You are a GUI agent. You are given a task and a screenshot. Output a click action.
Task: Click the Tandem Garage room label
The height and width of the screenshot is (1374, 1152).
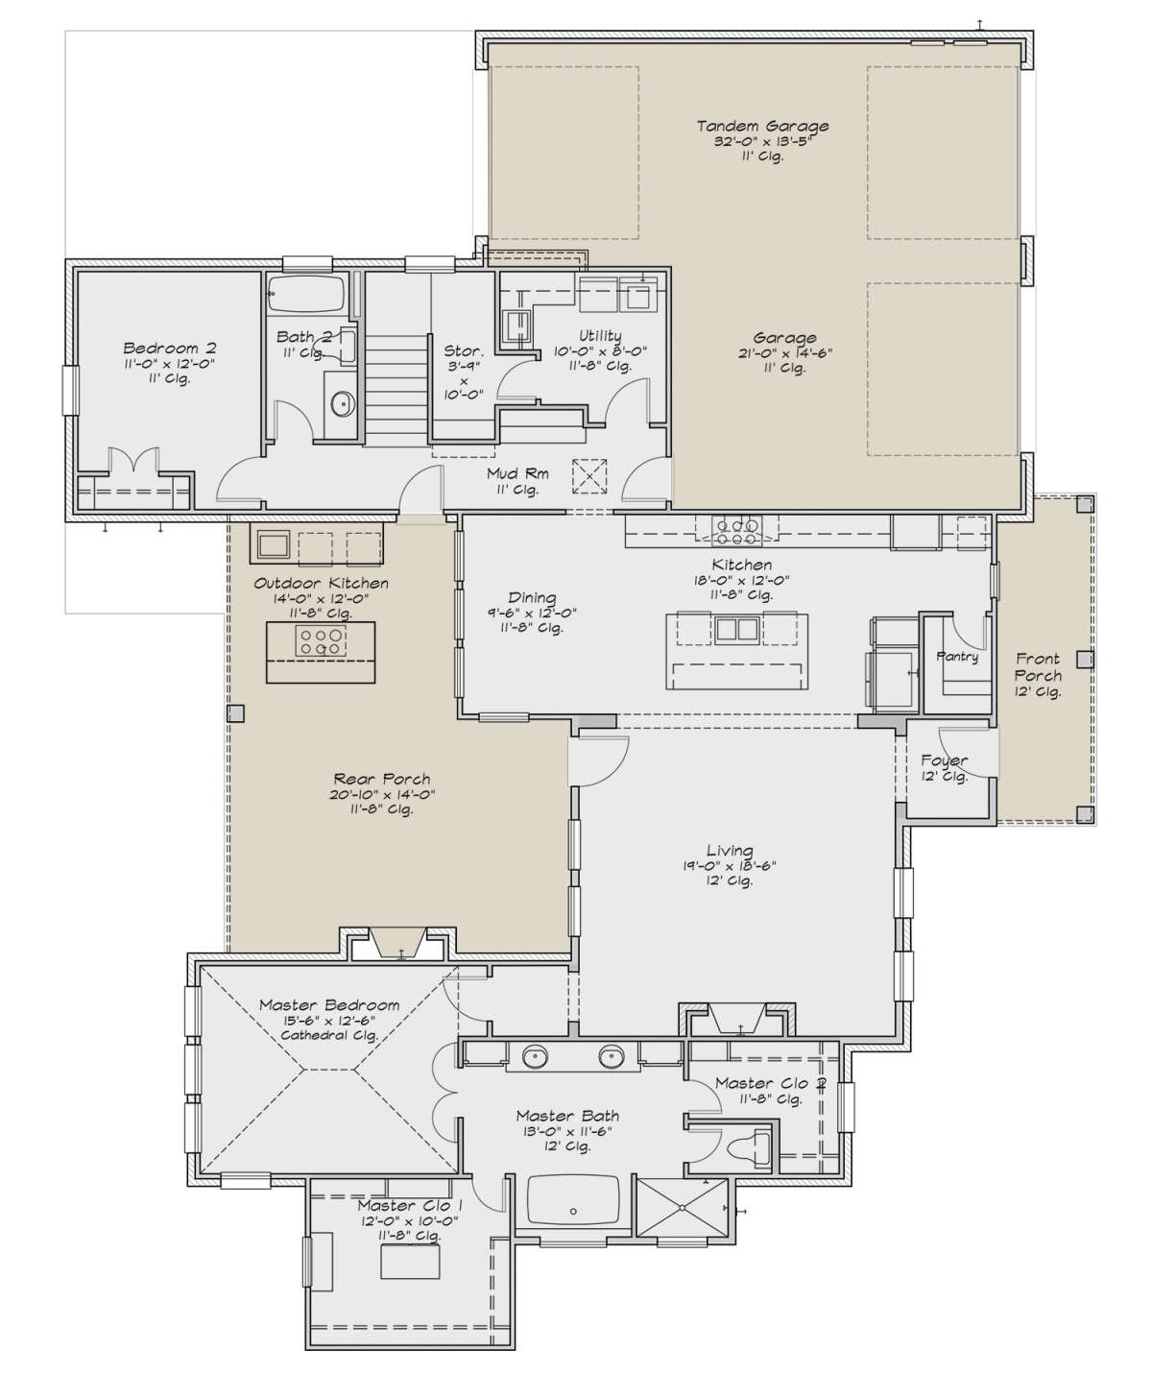click(x=762, y=126)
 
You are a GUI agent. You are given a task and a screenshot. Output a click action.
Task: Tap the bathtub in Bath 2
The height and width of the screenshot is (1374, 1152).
click(x=306, y=294)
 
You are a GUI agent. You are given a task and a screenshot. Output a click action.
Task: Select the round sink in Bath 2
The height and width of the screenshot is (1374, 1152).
click(x=342, y=403)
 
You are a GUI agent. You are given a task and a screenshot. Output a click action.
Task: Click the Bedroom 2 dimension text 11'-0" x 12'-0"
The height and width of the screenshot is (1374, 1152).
click(x=169, y=364)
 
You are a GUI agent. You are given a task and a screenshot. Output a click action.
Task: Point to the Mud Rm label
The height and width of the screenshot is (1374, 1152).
click(x=517, y=473)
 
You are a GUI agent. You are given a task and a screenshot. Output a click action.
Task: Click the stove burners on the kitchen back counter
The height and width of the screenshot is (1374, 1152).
click(x=736, y=531)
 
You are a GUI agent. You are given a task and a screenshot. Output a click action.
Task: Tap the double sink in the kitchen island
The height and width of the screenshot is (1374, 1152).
click(x=737, y=629)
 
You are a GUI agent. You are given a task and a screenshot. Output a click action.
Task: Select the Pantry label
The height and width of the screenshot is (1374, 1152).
click(x=956, y=657)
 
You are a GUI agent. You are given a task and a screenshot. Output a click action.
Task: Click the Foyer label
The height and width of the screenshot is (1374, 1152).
click(x=945, y=761)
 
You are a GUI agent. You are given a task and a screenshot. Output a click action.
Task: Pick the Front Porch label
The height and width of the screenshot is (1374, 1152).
click(x=1038, y=666)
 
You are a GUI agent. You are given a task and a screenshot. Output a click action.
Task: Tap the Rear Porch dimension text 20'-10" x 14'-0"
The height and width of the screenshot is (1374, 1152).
click(x=382, y=794)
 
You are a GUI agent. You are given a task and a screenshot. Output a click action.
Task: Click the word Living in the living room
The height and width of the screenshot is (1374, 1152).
click(x=730, y=851)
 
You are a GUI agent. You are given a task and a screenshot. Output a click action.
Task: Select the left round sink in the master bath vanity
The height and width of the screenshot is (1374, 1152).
click(x=536, y=1058)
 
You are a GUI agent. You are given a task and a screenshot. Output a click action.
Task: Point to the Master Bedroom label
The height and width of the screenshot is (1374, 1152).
click(x=329, y=1005)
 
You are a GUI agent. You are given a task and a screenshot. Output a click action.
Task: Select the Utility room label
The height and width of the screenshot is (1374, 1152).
click(x=600, y=336)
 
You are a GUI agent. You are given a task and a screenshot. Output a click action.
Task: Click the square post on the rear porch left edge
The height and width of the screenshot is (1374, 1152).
click(x=236, y=713)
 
